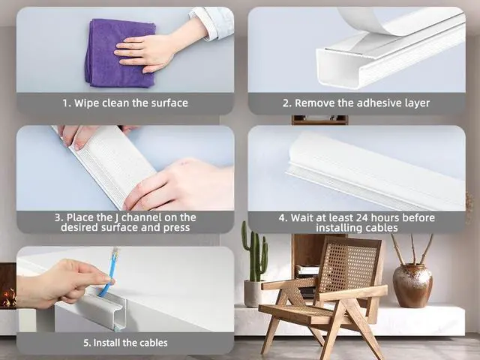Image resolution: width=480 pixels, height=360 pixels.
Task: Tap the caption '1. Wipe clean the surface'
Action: click(125, 103)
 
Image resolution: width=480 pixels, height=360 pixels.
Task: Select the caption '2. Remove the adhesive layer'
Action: click(356, 103)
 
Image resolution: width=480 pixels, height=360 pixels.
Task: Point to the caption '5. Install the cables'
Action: click(125, 343)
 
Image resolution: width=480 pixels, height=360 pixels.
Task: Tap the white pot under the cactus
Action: click(253, 293)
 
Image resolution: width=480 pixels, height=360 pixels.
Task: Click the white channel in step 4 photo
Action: click(375, 172)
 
